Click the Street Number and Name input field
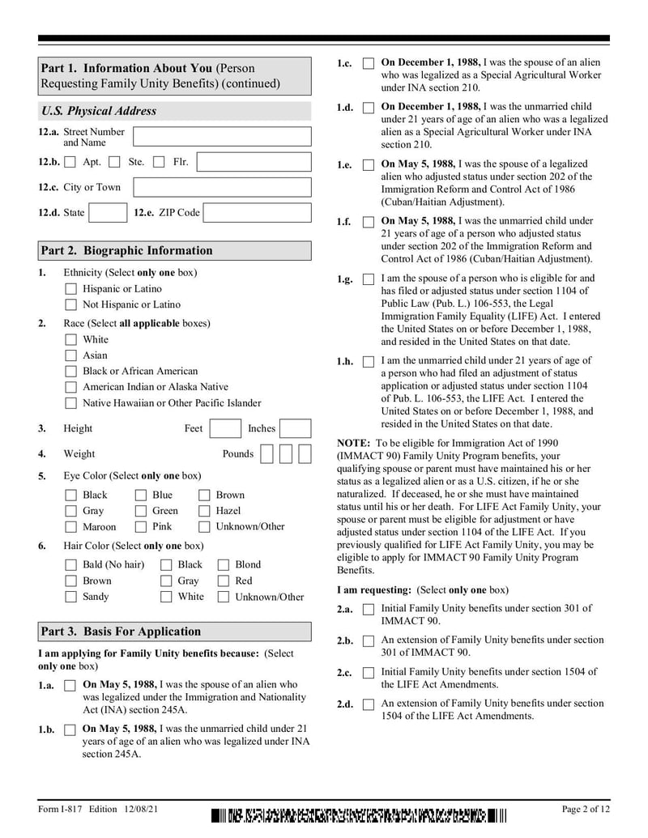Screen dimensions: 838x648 [221, 136]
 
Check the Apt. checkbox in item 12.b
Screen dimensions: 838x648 [70, 162]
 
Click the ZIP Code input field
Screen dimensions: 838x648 [257, 213]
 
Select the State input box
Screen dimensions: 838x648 [107, 213]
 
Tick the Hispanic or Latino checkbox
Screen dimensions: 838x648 [71, 289]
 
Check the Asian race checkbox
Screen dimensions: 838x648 [71, 355]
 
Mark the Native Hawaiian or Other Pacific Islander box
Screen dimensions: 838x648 [71, 403]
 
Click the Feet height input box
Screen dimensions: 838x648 [225, 428]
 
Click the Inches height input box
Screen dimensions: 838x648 [296, 428]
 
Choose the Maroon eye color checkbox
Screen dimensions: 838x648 [71, 527]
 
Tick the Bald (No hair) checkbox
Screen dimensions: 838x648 [71, 564]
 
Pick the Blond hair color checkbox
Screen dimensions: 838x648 [224, 564]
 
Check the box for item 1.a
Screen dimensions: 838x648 [70, 686]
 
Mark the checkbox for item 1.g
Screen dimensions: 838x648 [369, 279]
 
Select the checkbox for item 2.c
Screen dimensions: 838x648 [369, 673]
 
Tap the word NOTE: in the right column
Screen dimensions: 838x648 [353, 443]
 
